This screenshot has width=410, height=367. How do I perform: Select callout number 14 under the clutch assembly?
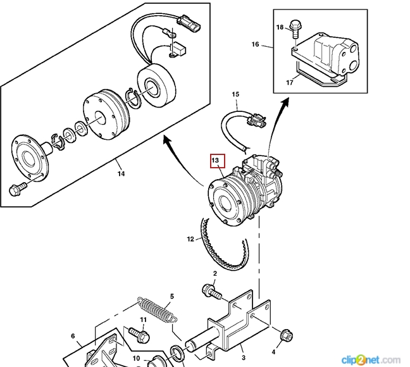point(121,172)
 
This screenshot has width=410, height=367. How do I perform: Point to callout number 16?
point(255,44)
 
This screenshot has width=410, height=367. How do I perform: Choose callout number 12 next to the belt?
point(190,239)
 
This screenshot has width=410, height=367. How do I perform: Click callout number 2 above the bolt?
point(214,273)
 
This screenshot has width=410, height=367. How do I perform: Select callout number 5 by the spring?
point(171,296)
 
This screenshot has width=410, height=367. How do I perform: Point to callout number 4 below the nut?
point(274,351)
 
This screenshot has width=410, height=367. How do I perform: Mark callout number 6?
point(73,336)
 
